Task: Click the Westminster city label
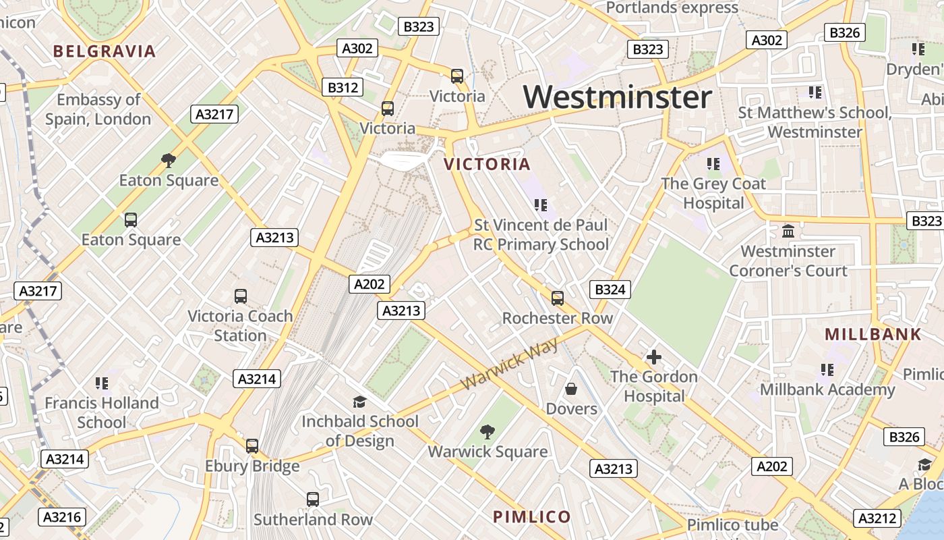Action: [617, 97]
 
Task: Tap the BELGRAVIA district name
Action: [105, 51]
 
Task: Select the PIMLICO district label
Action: [532, 517]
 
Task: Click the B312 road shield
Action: [343, 87]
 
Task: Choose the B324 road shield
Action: [610, 290]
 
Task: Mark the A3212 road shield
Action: [878, 518]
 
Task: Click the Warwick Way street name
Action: [510, 364]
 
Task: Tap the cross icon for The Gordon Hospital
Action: [653, 357]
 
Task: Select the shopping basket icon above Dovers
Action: [571, 389]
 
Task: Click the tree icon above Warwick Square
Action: [487, 432]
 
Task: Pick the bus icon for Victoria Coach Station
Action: [240, 296]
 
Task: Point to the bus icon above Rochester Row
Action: [557, 298]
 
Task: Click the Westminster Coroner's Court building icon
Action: [788, 232]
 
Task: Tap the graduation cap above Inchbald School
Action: [359, 402]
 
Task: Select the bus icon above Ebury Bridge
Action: [252, 446]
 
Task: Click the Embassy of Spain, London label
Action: [98, 109]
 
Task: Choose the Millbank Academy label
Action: [827, 389]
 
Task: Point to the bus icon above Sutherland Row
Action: [312, 500]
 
